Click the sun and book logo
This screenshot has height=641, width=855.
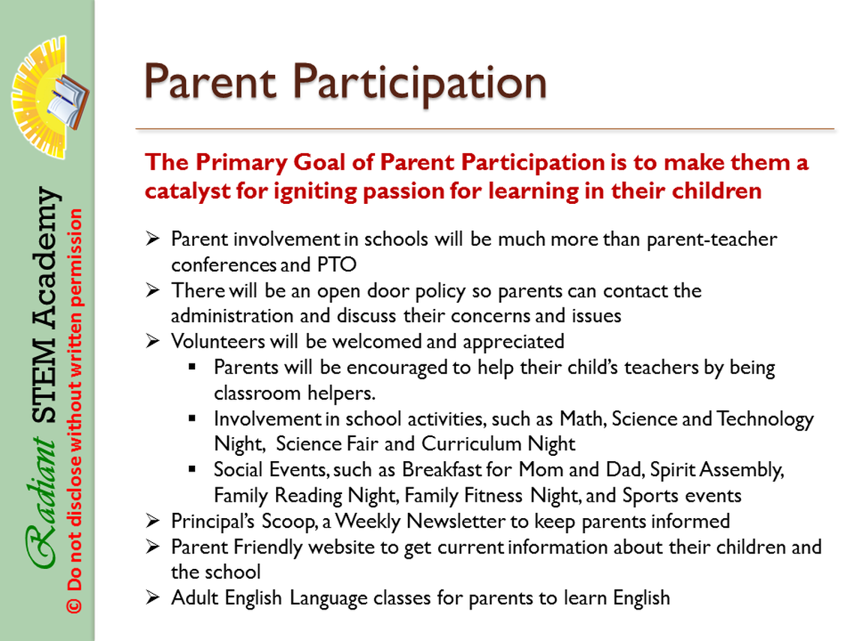[49, 97]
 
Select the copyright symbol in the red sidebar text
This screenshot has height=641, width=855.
[75, 606]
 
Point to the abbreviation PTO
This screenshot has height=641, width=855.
[337, 265]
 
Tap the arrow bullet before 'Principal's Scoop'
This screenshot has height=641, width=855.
[153, 521]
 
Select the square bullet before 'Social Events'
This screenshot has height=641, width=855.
[192, 469]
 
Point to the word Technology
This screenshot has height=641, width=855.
[765, 419]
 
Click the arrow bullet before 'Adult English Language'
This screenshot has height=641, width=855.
[153, 598]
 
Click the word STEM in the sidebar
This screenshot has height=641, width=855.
[44, 381]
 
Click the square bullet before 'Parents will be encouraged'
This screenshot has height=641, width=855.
[192, 367]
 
